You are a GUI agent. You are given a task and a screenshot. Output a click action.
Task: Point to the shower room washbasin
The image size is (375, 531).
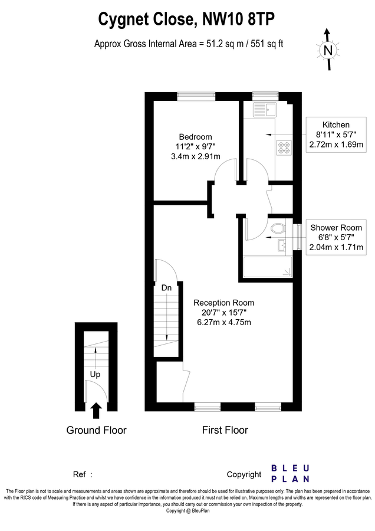coord(282,245)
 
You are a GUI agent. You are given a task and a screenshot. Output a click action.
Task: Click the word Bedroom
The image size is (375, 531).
coord(195,137)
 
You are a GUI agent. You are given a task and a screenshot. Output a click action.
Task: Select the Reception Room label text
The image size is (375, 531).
coord(224,303)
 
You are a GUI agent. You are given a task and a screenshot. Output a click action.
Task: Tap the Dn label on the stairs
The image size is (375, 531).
coord(167,288)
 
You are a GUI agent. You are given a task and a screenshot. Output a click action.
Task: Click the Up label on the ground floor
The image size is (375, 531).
coord(95,374)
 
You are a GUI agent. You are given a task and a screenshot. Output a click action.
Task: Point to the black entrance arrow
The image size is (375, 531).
coord(96,411)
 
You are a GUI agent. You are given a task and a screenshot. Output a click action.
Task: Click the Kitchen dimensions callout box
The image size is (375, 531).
coord(335,135)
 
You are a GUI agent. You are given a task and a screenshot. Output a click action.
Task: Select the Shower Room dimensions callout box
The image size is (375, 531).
coord(336,238)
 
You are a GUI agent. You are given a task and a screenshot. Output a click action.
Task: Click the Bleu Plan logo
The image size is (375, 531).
coord(290,473)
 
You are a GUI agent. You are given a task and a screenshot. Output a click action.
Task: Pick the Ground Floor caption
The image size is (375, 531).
coord(96,430)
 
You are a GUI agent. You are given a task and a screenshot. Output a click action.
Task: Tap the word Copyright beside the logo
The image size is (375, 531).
coord(244,474)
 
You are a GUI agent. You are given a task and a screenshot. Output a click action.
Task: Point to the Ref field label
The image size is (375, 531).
coord(80,474)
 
